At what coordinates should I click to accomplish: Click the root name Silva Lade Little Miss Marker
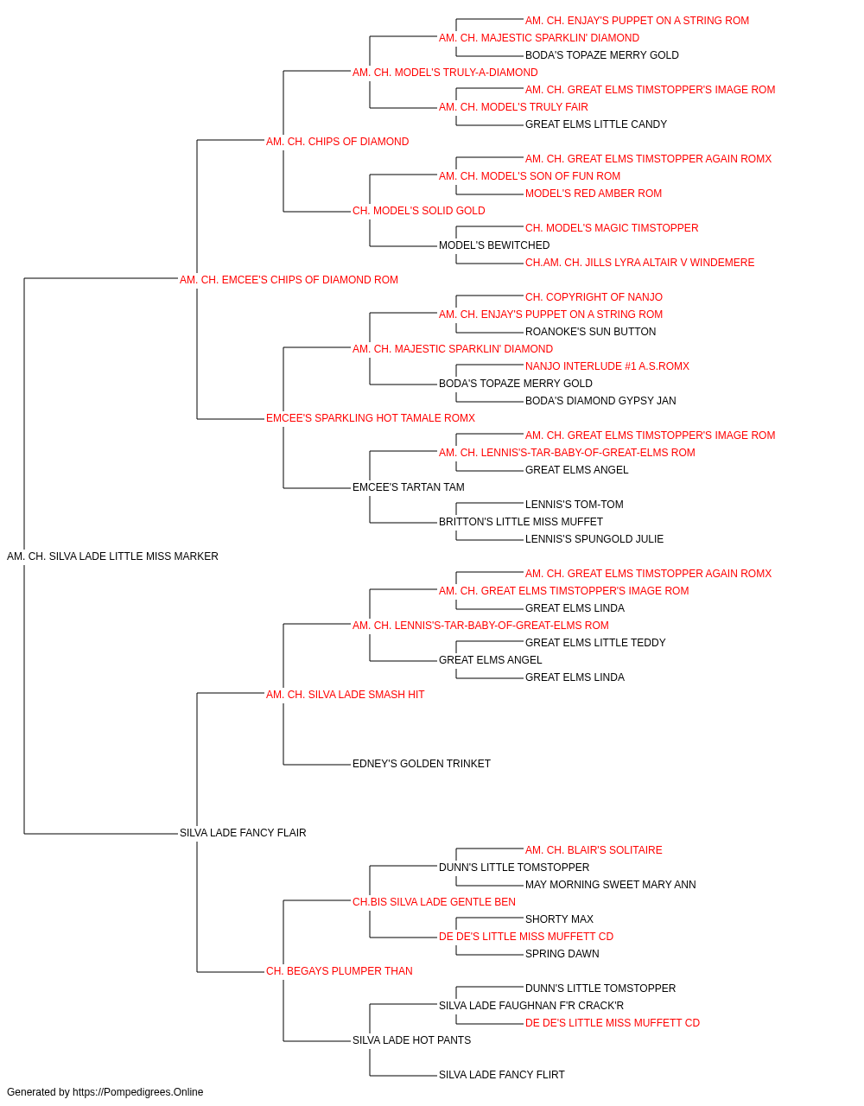click(112, 556)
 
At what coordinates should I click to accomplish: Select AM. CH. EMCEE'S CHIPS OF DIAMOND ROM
click(289, 280)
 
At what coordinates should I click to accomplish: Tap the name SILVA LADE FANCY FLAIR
click(243, 833)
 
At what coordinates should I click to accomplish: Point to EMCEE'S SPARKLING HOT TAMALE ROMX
click(370, 418)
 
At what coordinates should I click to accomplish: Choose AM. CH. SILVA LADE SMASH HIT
click(345, 694)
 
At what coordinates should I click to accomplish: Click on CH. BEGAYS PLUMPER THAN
click(339, 970)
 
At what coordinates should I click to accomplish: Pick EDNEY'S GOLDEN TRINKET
click(422, 764)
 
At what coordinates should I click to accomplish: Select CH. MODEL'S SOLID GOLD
click(418, 211)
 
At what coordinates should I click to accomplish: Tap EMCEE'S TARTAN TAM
click(408, 487)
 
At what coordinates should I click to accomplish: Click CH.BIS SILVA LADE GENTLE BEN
click(434, 902)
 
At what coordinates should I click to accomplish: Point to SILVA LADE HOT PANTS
click(411, 1039)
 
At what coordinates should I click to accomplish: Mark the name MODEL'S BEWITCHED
click(494, 245)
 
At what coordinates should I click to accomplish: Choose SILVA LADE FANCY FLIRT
click(502, 1074)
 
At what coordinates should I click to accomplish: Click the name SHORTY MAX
click(559, 919)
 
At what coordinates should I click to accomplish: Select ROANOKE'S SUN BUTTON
click(590, 332)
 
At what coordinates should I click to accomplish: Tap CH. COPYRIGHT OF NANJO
click(594, 297)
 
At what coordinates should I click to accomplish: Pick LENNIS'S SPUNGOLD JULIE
click(594, 539)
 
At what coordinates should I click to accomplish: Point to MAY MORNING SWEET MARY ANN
click(611, 885)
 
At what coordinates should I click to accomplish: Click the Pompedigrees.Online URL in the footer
click(138, 1092)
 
